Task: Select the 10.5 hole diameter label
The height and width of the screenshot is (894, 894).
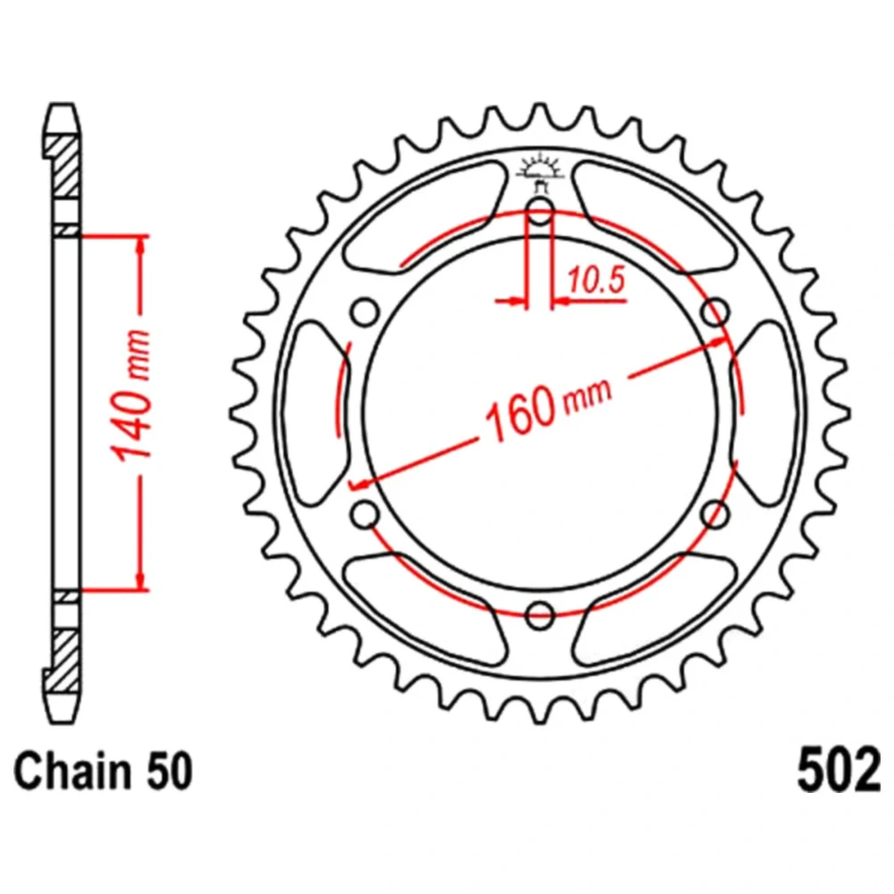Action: pos(595,280)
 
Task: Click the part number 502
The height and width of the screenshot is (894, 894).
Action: pos(839,770)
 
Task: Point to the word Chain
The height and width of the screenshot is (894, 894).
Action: pos(71,771)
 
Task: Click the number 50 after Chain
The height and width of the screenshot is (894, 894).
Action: pos(169,771)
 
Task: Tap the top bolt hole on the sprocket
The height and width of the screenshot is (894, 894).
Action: pos(540,212)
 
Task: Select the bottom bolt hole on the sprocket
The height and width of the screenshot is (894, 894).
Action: pos(540,615)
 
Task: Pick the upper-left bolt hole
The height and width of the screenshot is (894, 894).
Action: pos(365,312)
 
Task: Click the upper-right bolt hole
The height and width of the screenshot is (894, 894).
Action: pos(715,312)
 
